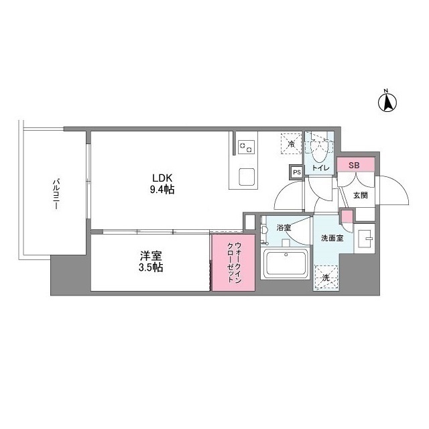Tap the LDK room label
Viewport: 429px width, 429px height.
pos(162,178)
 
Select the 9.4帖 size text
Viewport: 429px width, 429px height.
pos(162,190)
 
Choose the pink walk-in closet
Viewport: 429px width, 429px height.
pos(233,262)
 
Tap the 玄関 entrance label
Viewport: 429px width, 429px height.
pos(360,196)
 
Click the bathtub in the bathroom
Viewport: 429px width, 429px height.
pos(284,263)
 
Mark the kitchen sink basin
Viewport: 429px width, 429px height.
pos(245,178)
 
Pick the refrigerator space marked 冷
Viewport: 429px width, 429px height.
pos(291,143)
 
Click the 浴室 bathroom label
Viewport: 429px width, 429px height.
pos(284,228)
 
